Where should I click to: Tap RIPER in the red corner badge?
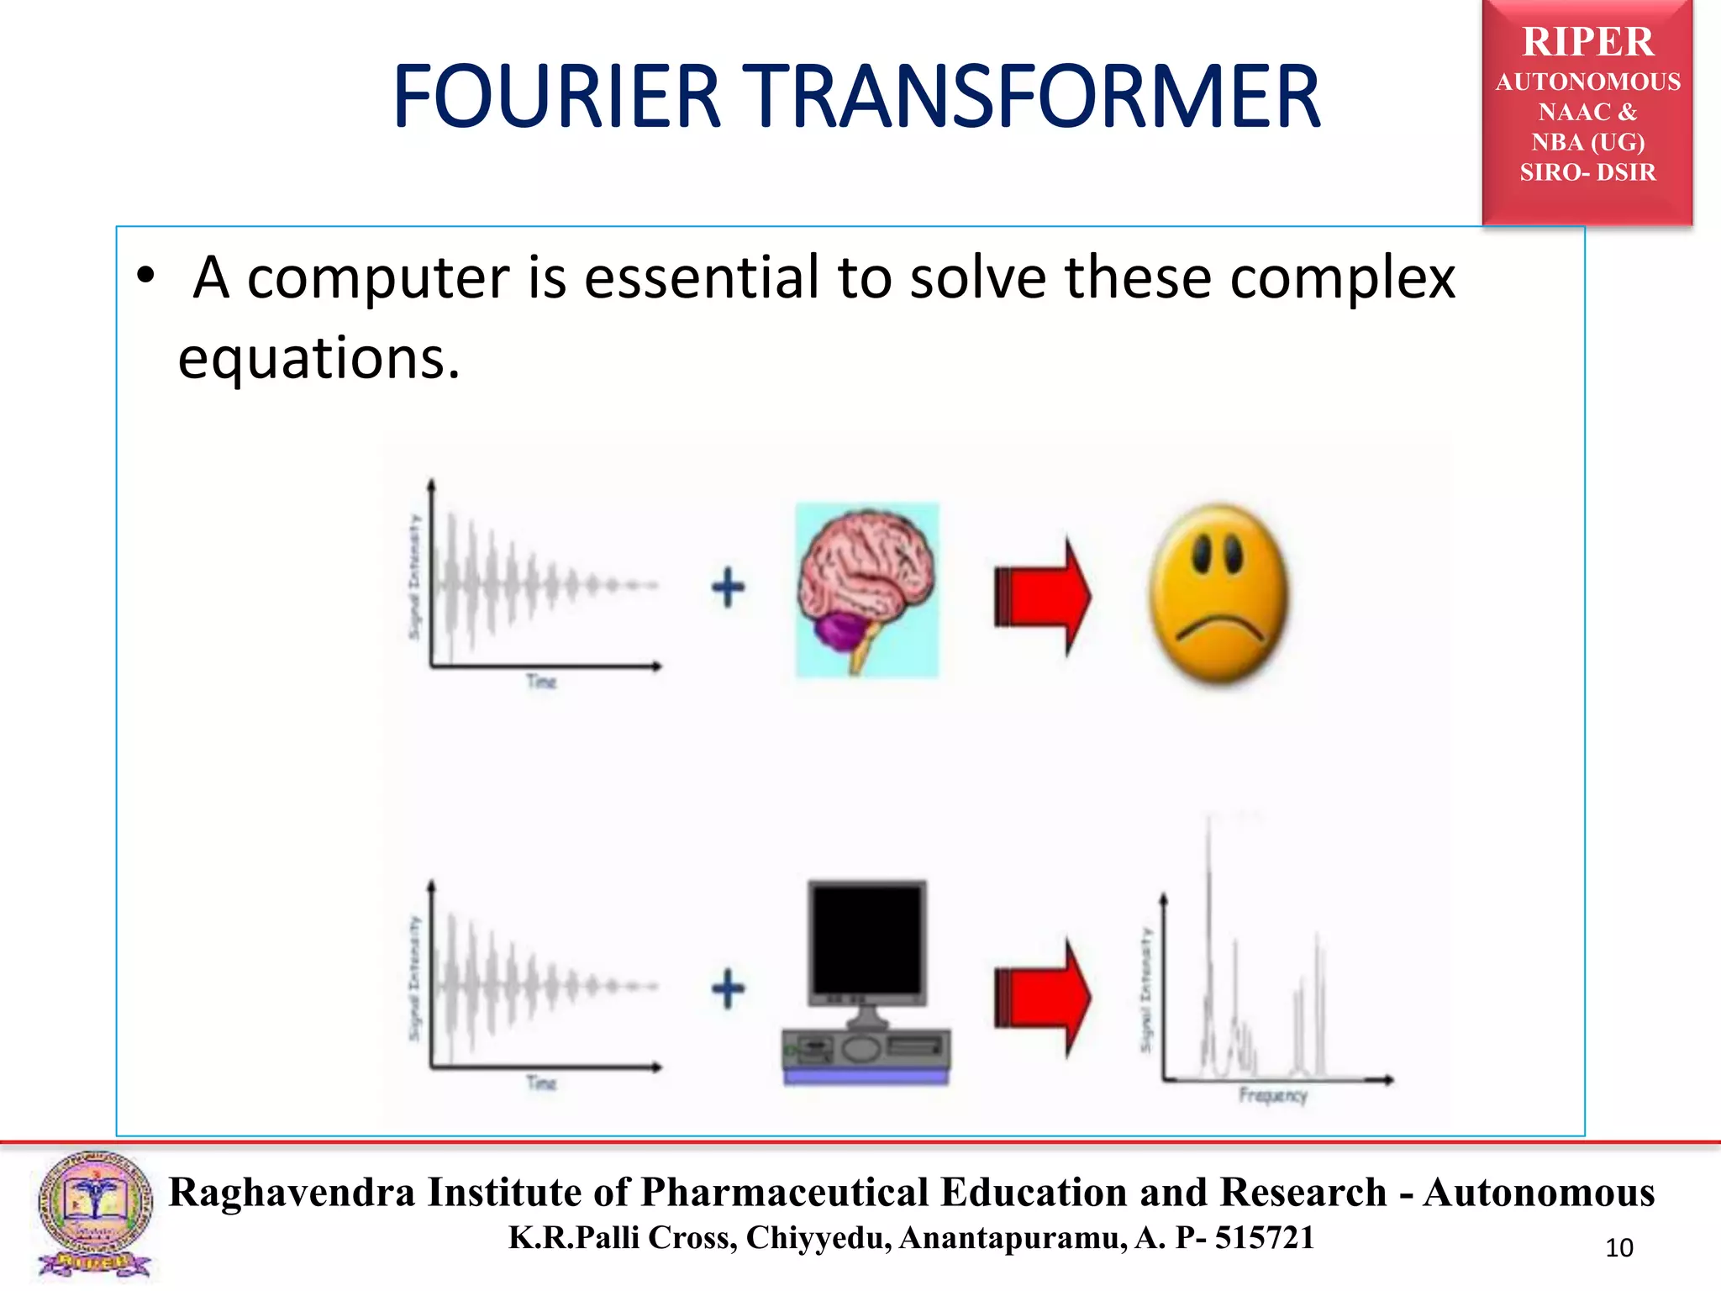point(1587,42)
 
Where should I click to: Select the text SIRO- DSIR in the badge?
point(1587,172)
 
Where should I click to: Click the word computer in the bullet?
point(378,278)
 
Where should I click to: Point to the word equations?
point(318,359)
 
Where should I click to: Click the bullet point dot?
point(145,276)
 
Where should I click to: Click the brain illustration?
point(866,588)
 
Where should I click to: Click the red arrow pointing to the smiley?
point(1042,596)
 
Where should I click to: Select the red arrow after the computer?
point(1042,997)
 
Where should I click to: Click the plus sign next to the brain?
point(728,588)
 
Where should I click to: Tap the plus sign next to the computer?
point(728,988)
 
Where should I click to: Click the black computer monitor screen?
point(866,939)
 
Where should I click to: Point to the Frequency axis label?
point(1273,1095)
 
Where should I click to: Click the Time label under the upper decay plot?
point(542,682)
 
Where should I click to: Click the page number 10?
point(1618,1248)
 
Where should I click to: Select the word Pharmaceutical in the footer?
point(785,1193)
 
